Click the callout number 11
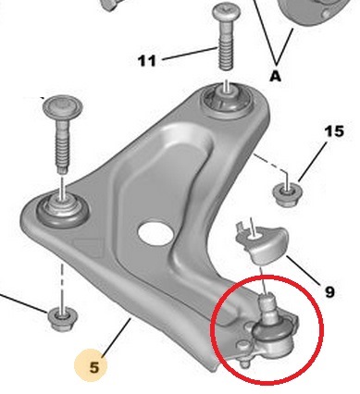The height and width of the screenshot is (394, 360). pyautogui.click(x=147, y=61)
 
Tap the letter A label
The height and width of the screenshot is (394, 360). pyautogui.click(x=276, y=76)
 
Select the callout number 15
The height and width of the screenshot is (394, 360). pyautogui.click(x=334, y=131)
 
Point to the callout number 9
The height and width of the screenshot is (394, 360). pyautogui.click(x=329, y=291)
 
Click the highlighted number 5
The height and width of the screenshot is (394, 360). pyautogui.click(x=94, y=367)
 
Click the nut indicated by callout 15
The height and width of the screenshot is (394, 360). pyautogui.click(x=288, y=194)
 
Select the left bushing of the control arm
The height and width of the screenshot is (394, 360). pyautogui.click(x=63, y=211)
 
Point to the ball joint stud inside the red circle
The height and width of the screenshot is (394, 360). pyautogui.click(x=267, y=309)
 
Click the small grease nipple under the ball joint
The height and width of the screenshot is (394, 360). pyautogui.click(x=245, y=363)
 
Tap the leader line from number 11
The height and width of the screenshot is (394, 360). pyautogui.click(x=189, y=54)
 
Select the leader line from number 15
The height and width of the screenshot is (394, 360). pyautogui.click(x=313, y=162)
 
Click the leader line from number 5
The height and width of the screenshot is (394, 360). pyautogui.click(x=117, y=338)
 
